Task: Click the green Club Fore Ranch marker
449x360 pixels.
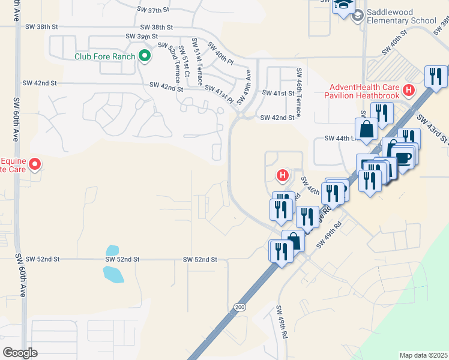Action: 144,56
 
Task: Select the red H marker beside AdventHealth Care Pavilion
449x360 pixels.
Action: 409,91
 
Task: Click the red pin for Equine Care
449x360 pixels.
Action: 35,163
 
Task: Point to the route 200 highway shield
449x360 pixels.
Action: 240,307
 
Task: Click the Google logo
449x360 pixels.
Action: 20,353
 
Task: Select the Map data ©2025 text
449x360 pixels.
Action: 423,355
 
